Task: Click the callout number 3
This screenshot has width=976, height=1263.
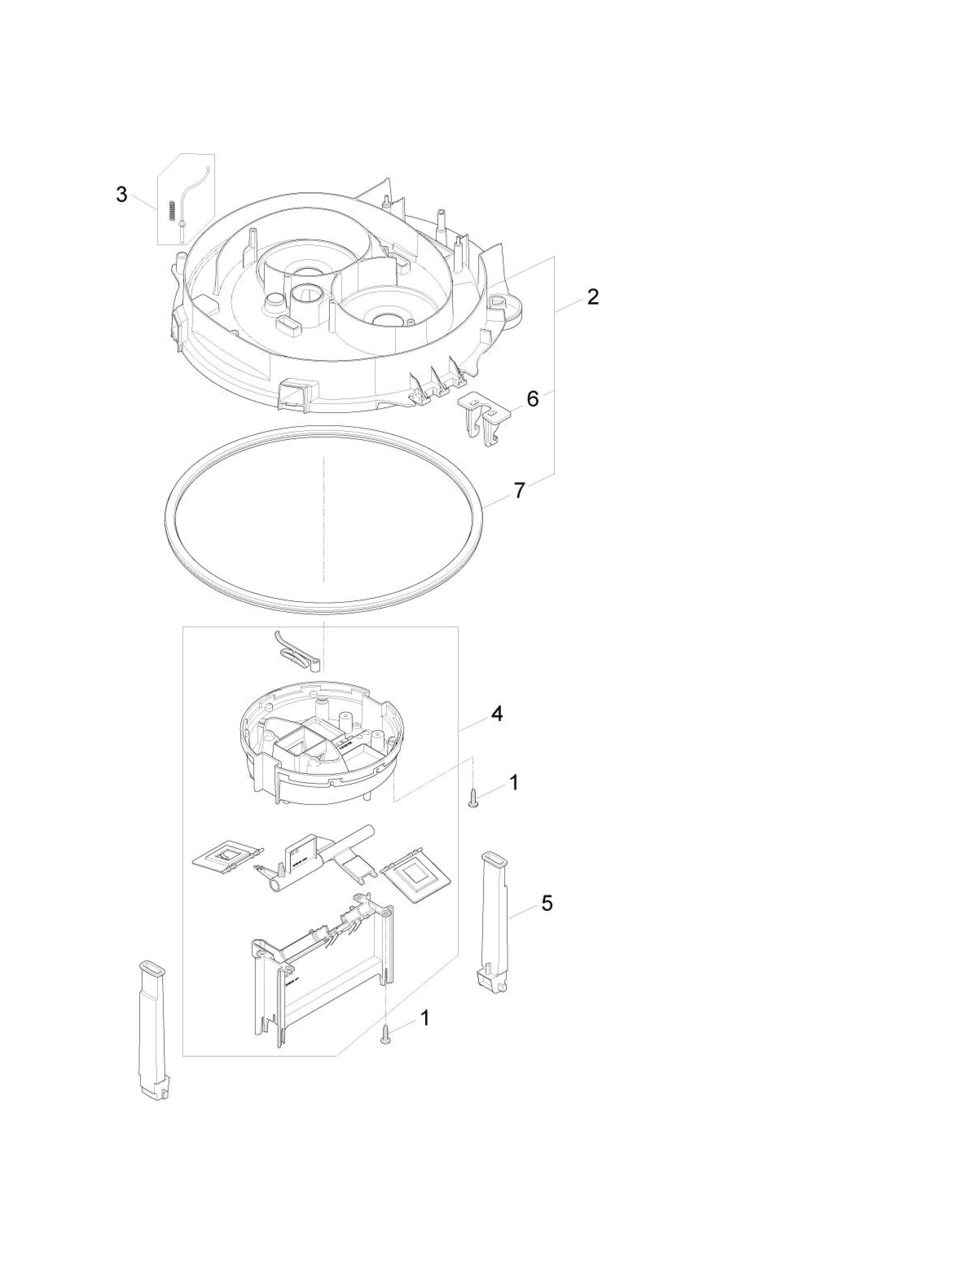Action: tap(121, 195)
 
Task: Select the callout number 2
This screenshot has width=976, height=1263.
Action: tap(592, 297)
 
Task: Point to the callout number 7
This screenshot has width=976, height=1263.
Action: tap(519, 490)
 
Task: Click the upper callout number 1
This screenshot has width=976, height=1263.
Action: tap(513, 783)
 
